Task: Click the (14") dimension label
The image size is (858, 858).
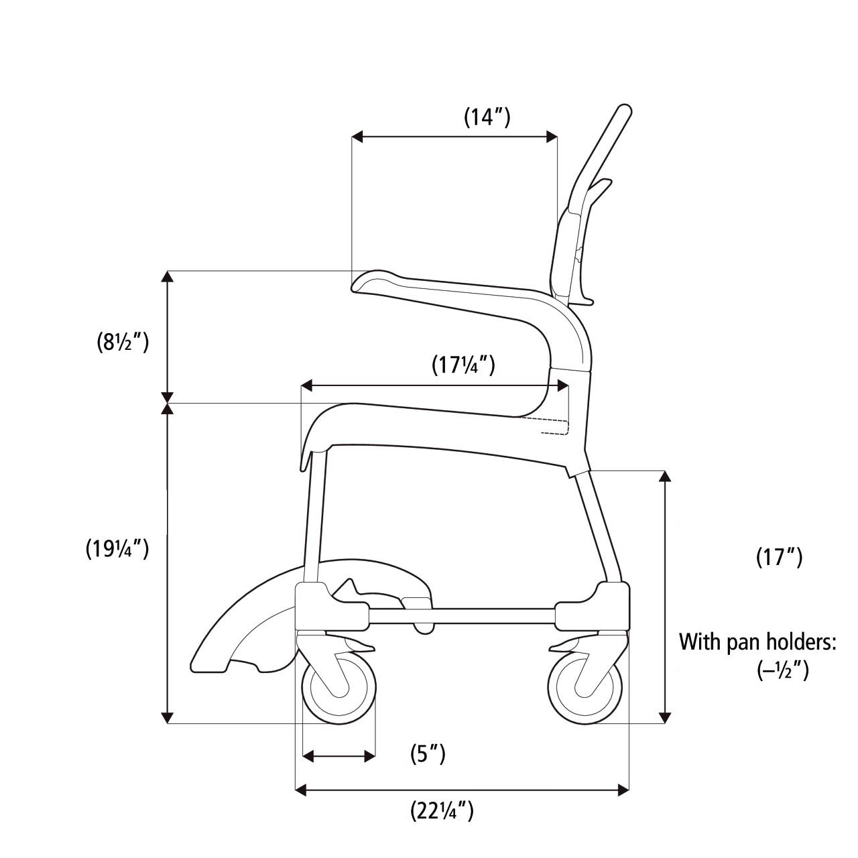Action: [x=487, y=117]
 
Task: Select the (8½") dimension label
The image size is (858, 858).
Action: [x=122, y=342]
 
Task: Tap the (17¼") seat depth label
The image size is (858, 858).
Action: [x=463, y=365]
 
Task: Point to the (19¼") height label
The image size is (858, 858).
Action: [x=117, y=548]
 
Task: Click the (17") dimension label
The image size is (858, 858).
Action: [x=779, y=557]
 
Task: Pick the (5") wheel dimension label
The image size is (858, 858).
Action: [x=428, y=754]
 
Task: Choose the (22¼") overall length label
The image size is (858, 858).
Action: [x=442, y=812]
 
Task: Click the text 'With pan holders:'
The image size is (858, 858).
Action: [x=758, y=641]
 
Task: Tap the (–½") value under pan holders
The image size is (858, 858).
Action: [x=783, y=671]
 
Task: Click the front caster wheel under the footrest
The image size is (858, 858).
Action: [x=340, y=690]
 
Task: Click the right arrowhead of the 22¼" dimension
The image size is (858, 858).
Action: [x=625, y=790]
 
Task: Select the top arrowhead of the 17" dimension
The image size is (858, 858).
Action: [x=665, y=475]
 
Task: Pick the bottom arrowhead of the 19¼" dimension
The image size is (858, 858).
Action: [x=168, y=718]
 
